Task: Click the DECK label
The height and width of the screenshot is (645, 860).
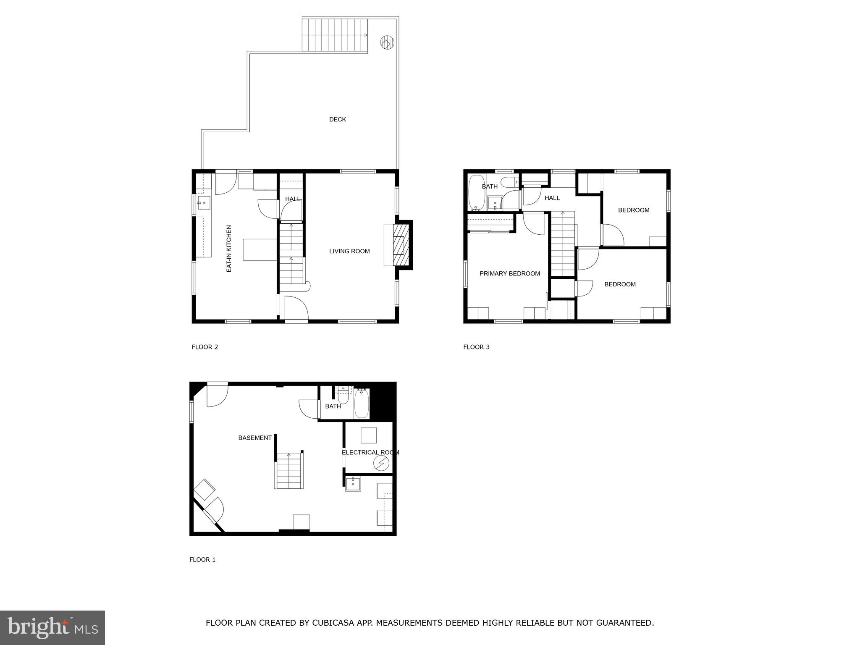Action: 337,120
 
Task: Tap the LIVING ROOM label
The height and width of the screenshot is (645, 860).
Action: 349,251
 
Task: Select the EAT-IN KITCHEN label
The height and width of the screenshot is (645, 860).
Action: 229,249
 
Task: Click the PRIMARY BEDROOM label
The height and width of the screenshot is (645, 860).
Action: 509,274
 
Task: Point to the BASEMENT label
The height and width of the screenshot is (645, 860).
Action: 255,438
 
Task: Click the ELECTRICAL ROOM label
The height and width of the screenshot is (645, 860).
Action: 370,453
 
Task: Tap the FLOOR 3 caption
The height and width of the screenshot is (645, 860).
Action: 476,347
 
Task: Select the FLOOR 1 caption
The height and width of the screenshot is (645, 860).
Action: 202,559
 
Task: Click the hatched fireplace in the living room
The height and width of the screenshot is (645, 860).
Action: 400,245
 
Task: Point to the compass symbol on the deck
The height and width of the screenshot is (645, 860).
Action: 387,42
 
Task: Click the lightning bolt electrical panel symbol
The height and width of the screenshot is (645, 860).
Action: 381,463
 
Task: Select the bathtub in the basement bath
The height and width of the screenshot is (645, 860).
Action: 361,404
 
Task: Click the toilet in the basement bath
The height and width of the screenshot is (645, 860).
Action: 343,395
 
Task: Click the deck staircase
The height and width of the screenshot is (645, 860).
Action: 335,35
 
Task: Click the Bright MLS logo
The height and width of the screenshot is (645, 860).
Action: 52,627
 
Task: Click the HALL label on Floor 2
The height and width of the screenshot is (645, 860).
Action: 293,199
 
